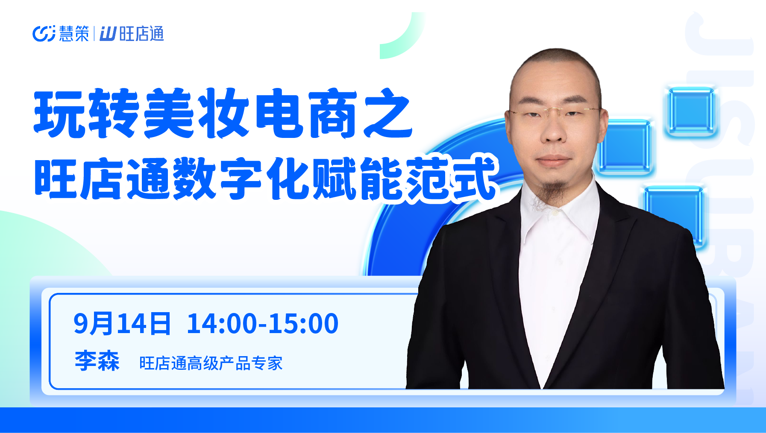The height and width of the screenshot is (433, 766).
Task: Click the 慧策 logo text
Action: coord(74,34)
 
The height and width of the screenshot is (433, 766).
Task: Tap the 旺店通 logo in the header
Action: coord(132,34)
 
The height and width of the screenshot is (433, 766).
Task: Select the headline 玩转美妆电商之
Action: coord(223,113)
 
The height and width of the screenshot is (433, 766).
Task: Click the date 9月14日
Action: coord(122,324)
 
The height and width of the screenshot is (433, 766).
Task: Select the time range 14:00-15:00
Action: coord(263,324)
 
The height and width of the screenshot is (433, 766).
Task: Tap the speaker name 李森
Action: coord(97,361)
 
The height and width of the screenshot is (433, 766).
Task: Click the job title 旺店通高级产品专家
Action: coord(211,363)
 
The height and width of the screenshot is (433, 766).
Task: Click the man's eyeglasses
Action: coord(554,112)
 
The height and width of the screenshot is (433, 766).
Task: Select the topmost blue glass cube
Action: coord(690,111)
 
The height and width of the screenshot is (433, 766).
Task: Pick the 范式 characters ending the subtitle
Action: coord(451,178)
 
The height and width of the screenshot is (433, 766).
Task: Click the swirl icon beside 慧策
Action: coord(44,34)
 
